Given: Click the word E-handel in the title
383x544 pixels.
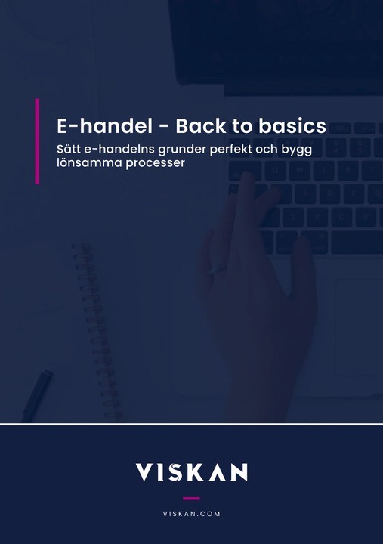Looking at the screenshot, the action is pyautogui.click(x=104, y=125).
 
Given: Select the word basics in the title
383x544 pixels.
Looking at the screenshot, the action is pyautogui.click(x=292, y=125).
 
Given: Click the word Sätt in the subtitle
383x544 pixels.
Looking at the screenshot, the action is pyautogui.click(x=69, y=149).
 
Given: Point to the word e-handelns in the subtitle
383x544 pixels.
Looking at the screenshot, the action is pyautogui.click(x=119, y=149).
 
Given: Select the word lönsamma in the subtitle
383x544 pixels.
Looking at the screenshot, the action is pyautogui.click(x=89, y=162).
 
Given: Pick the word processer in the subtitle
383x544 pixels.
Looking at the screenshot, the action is pyautogui.click(x=155, y=163).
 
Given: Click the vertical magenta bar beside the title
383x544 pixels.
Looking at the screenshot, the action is pyautogui.click(x=37, y=141).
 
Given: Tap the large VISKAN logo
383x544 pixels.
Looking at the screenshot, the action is pyautogui.click(x=192, y=472).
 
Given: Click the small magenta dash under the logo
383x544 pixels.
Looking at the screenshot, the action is pyautogui.click(x=192, y=498).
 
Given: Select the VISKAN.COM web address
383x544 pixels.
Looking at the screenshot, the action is pyautogui.click(x=192, y=514).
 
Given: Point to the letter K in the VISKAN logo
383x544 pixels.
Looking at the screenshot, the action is pyautogui.click(x=196, y=472).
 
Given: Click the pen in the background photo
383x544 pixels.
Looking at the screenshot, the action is pyautogui.click(x=38, y=395).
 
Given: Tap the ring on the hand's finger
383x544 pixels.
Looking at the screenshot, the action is pyautogui.click(x=217, y=270).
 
